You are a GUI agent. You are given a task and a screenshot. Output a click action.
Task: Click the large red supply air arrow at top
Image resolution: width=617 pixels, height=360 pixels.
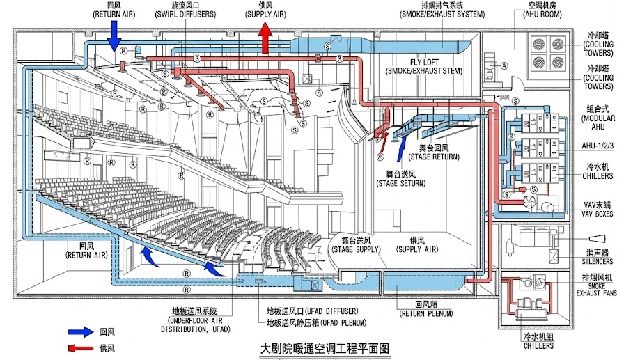[265, 36]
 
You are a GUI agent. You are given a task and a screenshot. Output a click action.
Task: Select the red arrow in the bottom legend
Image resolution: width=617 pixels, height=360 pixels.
[81, 347]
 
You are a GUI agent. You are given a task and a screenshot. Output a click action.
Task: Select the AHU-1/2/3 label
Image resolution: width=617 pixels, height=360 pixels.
[598, 147]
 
